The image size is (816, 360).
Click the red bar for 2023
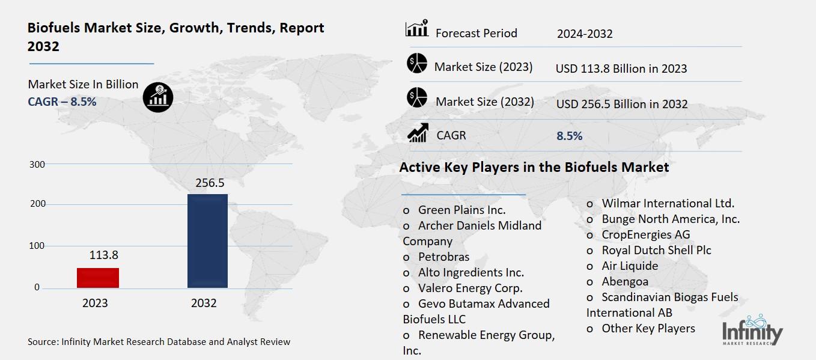coord(98,278)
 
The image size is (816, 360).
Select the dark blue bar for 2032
coord(207,240)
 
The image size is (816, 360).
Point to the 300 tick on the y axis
coord(37,164)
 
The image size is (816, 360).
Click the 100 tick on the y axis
coord(37,246)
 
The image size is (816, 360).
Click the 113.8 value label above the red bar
coord(104,255)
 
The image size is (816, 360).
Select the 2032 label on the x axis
coord(204,304)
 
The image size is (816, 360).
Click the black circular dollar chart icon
coord(158,96)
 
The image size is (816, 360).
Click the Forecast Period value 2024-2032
coord(584,34)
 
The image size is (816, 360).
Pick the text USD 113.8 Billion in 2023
coord(621,69)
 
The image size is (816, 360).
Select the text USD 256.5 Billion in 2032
coord(621,105)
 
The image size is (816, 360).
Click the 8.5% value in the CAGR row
coord(569,136)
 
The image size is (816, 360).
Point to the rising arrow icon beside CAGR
coord(418,133)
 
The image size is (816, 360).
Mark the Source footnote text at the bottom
coord(159,342)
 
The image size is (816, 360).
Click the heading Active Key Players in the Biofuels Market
coord(534,167)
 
